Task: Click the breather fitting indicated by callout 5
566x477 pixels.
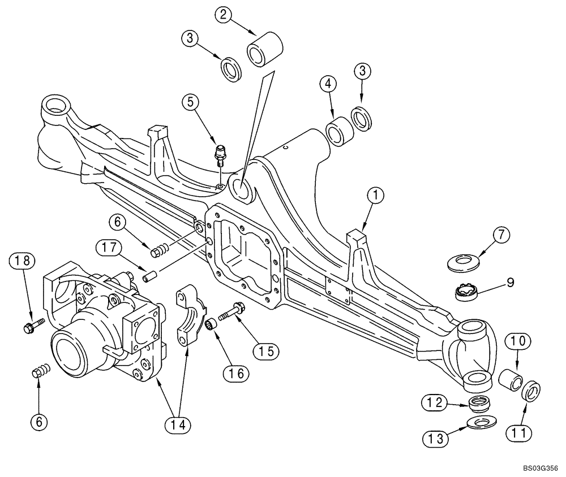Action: pos(220,155)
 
